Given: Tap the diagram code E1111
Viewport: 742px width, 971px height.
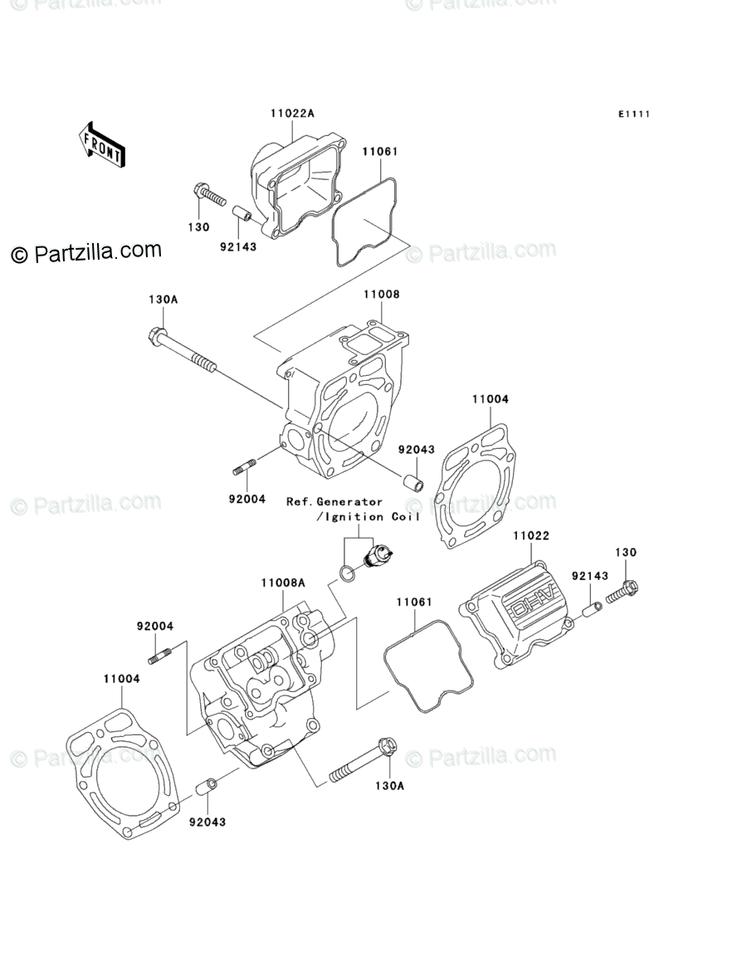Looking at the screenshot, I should tap(632, 114).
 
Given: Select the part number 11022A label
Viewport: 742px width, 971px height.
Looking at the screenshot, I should tap(291, 113).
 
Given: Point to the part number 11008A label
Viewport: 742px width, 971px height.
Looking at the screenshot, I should tap(283, 583).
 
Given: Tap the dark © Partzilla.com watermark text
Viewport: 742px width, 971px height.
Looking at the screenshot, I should tap(86, 251).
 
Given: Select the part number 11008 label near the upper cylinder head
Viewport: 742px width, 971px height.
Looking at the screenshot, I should tap(380, 295).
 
